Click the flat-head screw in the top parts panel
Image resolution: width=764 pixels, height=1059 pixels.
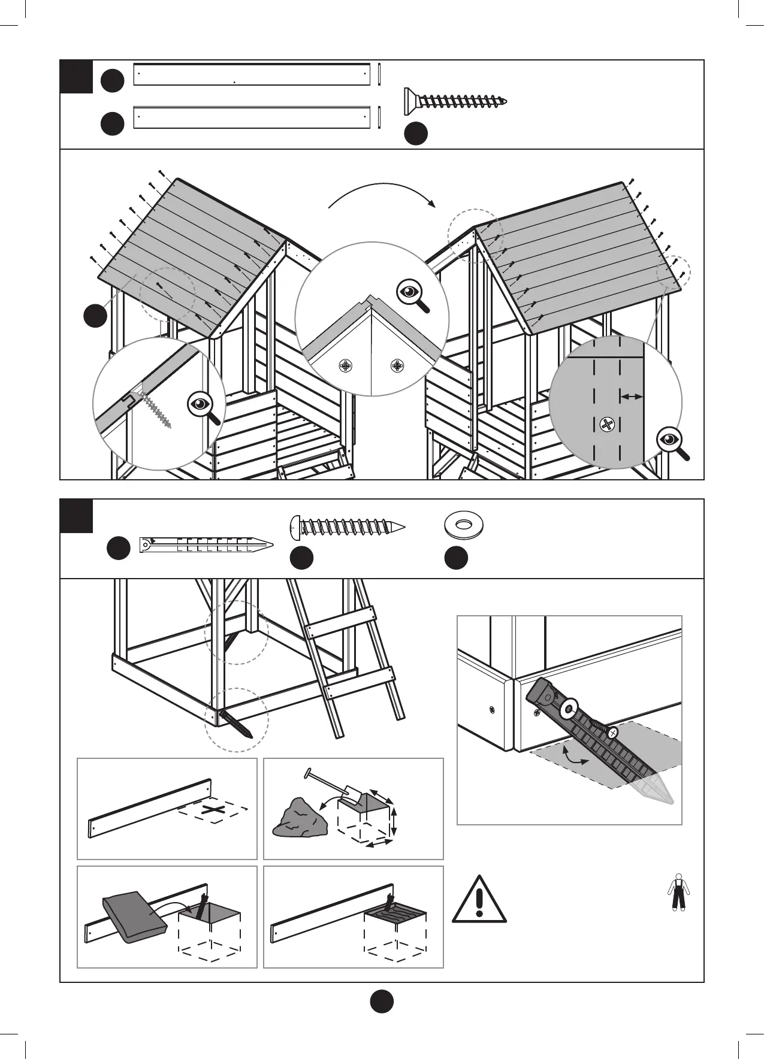[455, 101]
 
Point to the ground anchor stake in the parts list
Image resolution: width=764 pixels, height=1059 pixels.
[206, 546]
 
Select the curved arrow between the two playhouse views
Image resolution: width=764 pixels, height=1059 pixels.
[382, 195]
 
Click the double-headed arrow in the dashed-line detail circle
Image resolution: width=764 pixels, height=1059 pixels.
[632, 396]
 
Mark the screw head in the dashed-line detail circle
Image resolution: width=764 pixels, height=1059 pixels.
[607, 425]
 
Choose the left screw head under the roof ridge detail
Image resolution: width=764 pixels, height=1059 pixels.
[346, 365]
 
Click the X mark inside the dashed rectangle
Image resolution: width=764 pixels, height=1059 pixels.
[214, 811]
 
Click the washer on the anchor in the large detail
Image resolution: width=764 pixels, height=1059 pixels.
[567, 709]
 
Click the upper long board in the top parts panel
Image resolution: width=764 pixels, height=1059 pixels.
[251, 74]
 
